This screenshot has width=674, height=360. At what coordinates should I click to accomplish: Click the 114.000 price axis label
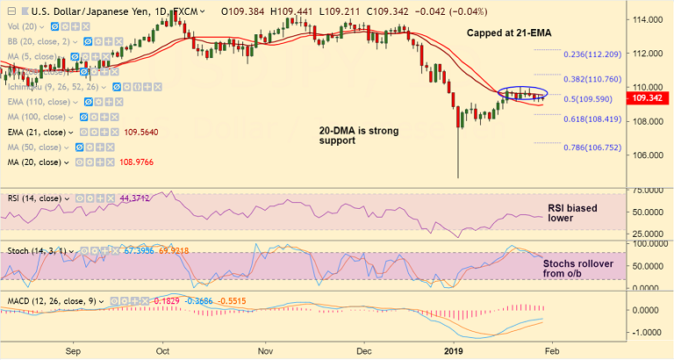[648, 19]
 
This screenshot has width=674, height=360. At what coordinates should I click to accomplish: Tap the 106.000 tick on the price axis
[648, 155]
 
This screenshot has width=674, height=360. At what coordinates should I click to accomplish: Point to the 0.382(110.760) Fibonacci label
[595, 79]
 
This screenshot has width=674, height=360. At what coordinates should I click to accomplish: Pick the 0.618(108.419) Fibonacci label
[595, 119]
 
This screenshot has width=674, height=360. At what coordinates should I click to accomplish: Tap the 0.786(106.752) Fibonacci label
[595, 148]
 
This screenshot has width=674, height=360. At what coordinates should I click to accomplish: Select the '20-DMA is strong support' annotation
[358, 135]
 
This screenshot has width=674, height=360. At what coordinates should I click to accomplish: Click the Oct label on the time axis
[163, 349]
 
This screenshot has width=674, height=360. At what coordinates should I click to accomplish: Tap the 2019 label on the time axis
[454, 349]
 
